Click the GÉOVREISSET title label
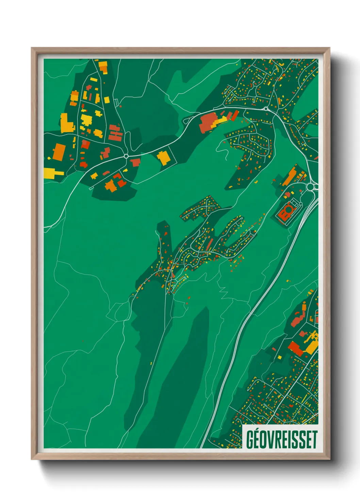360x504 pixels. coord(281,439)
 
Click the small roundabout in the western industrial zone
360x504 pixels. coord(126,156)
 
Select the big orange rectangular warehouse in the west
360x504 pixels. coord(59,152)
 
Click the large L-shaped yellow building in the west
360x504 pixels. coord(66,123)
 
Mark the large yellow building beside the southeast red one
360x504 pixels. coord(311,347)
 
